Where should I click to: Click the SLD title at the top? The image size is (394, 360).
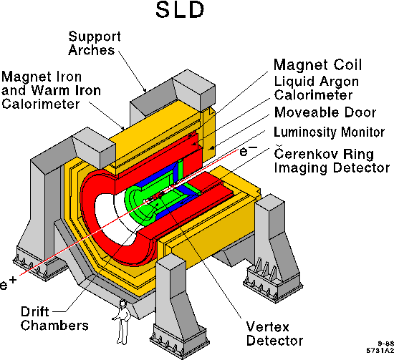tap(180, 10)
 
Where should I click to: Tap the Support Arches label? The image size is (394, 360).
tap(95, 43)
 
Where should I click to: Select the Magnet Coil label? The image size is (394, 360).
tap(317, 65)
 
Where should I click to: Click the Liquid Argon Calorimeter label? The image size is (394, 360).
tap(316, 88)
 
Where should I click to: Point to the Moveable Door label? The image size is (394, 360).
tap(325, 112)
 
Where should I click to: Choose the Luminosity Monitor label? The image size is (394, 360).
tap(330, 132)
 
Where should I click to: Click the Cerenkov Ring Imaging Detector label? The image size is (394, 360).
tap(332, 160)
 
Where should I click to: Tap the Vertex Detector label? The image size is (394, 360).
tap(274, 334)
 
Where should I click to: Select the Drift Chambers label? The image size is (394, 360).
tap(54, 318)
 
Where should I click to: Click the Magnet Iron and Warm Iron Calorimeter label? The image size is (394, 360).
tap(51, 90)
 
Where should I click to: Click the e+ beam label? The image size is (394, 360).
tap(8, 283)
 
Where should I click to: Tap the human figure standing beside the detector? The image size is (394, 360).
tap(122, 322)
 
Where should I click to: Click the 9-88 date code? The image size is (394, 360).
tap(385, 344)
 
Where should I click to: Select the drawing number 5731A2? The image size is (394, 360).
tap(380, 351)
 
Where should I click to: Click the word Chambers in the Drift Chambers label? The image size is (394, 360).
tap(54, 326)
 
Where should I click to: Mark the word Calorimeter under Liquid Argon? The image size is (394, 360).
tap(313, 95)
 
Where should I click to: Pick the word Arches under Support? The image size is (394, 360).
tap(91, 50)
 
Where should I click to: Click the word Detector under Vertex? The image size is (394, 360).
tap(274, 341)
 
